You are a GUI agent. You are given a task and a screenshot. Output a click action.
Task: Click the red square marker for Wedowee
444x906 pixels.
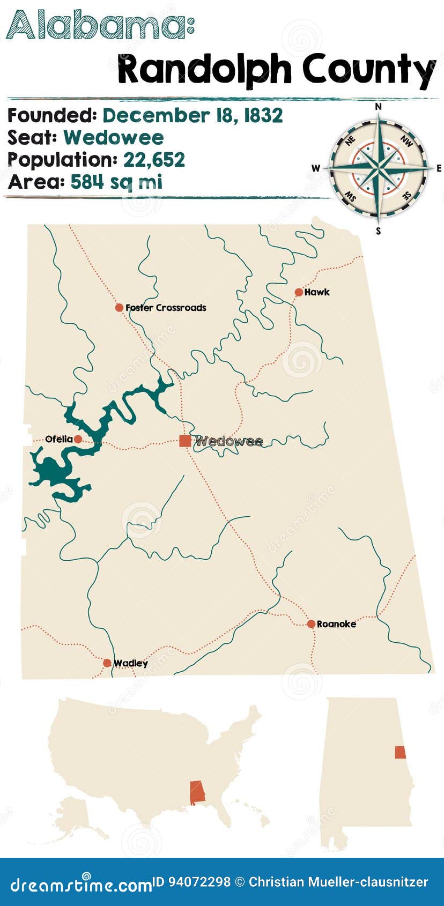click(x=185, y=441)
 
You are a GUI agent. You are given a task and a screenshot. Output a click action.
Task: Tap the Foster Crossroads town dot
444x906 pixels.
click(x=119, y=308)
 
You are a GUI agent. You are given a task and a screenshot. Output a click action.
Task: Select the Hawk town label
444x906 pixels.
click(x=316, y=292)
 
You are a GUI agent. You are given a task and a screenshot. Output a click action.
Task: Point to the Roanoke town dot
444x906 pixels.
click(x=311, y=623)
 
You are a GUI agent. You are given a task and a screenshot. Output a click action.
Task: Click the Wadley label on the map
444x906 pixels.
click(x=130, y=663)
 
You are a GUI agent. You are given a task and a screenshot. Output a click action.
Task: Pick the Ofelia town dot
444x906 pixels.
click(x=78, y=439)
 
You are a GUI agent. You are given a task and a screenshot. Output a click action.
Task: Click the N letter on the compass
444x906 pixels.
click(x=378, y=107)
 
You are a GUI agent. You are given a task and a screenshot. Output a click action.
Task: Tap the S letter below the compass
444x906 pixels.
click(x=378, y=231)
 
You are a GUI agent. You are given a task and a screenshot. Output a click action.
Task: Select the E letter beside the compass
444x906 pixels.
click(x=439, y=168)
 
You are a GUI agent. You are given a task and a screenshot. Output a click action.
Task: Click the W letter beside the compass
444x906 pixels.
click(x=316, y=168)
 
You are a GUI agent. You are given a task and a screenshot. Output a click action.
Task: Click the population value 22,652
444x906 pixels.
click(x=154, y=160)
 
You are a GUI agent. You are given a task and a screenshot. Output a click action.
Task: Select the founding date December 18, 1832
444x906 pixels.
click(x=193, y=115)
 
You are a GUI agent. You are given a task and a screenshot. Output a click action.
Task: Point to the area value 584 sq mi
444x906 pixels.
click(x=116, y=182)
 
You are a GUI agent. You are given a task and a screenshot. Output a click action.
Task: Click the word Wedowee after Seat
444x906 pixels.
click(x=114, y=138)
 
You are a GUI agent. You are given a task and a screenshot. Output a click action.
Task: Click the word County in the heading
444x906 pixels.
click(x=369, y=70)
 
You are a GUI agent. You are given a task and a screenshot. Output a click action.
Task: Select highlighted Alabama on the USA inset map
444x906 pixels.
click(x=197, y=792)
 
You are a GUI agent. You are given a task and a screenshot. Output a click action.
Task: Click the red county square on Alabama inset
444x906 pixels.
click(x=400, y=752)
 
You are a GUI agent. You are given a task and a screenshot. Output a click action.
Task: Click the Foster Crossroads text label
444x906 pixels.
click(x=166, y=308)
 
